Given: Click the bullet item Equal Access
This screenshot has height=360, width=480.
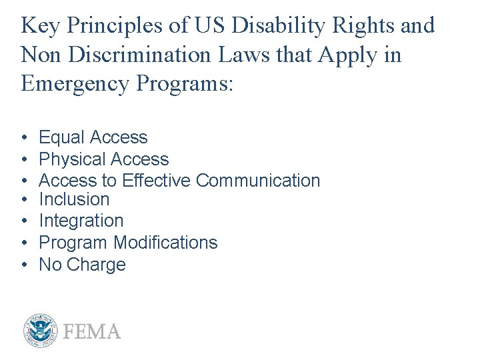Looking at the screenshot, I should (x=93, y=137).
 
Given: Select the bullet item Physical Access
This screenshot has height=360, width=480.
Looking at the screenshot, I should (x=104, y=159).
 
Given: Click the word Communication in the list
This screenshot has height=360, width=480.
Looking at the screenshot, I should (x=259, y=181).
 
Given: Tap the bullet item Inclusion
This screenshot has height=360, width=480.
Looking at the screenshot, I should (x=74, y=199).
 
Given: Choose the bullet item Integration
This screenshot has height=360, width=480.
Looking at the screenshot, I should (x=81, y=221).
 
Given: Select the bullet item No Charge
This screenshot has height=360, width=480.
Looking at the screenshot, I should (x=82, y=265).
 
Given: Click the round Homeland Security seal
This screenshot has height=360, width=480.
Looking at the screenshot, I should (x=41, y=331).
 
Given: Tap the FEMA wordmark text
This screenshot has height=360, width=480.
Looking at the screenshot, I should (x=92, y=331).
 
